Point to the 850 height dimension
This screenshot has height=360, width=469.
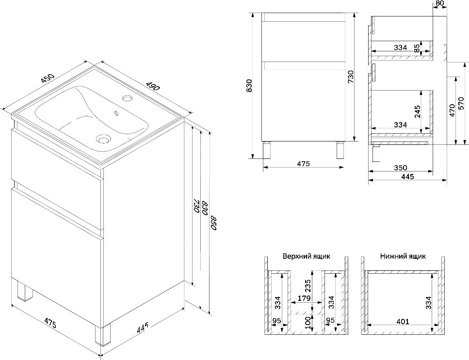click(214, 223)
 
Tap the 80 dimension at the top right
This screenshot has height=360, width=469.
click(440, 3)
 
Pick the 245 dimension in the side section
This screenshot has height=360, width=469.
click(418, 111)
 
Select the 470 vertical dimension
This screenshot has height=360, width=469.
click(452, 110)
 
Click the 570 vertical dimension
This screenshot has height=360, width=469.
click(461, 103)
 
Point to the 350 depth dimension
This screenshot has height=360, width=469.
click(400, 168)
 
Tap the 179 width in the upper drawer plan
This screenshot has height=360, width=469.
click(304, 298)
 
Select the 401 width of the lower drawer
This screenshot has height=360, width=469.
click(402, 321)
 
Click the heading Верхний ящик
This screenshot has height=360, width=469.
click(307, 256)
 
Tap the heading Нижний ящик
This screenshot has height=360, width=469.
click(403, 256)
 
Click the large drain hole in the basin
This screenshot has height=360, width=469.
click(103, 139)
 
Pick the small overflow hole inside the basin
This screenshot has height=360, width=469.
click(116, 113)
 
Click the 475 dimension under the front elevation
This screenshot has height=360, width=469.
click(303, 163)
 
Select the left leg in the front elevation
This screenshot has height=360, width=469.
click(267, 150)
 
